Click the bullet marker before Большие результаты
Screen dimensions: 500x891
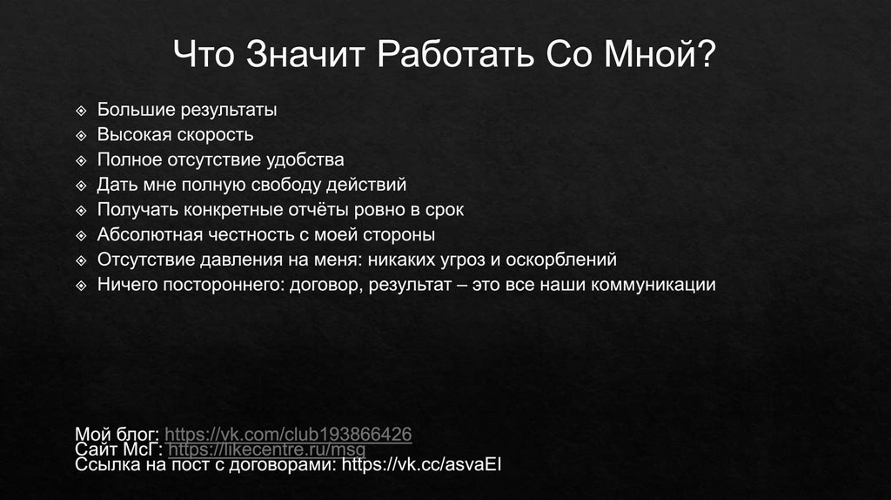(x=82, y=111)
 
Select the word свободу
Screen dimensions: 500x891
(x=285, y=185)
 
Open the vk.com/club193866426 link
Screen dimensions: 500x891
(x=288, y=434)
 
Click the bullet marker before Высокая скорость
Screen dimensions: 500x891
(x=82, y=136)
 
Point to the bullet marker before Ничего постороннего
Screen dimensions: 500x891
(x=82, y=286)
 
